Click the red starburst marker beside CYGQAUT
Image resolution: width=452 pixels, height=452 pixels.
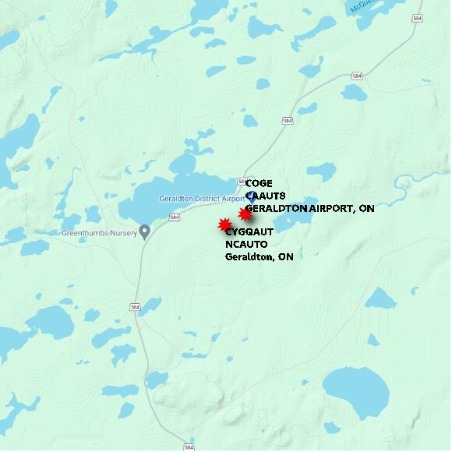(224, 224)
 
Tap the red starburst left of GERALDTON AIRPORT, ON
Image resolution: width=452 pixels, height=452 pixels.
(245, 214)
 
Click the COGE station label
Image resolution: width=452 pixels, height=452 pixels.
(259, 183)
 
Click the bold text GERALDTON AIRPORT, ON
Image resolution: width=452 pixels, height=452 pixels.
(309, 209)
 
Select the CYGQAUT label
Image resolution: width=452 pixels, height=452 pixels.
(249, 232)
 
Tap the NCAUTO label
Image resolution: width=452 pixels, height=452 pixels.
(246, 244)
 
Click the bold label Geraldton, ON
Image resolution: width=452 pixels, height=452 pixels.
(259, 256)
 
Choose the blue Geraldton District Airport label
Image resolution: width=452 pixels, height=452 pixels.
(202, 198)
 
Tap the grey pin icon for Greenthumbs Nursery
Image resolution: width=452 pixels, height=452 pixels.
(144, 232)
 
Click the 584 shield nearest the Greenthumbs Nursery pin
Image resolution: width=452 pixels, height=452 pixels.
(174, 217)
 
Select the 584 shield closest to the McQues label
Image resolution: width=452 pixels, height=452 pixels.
(418, 18)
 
